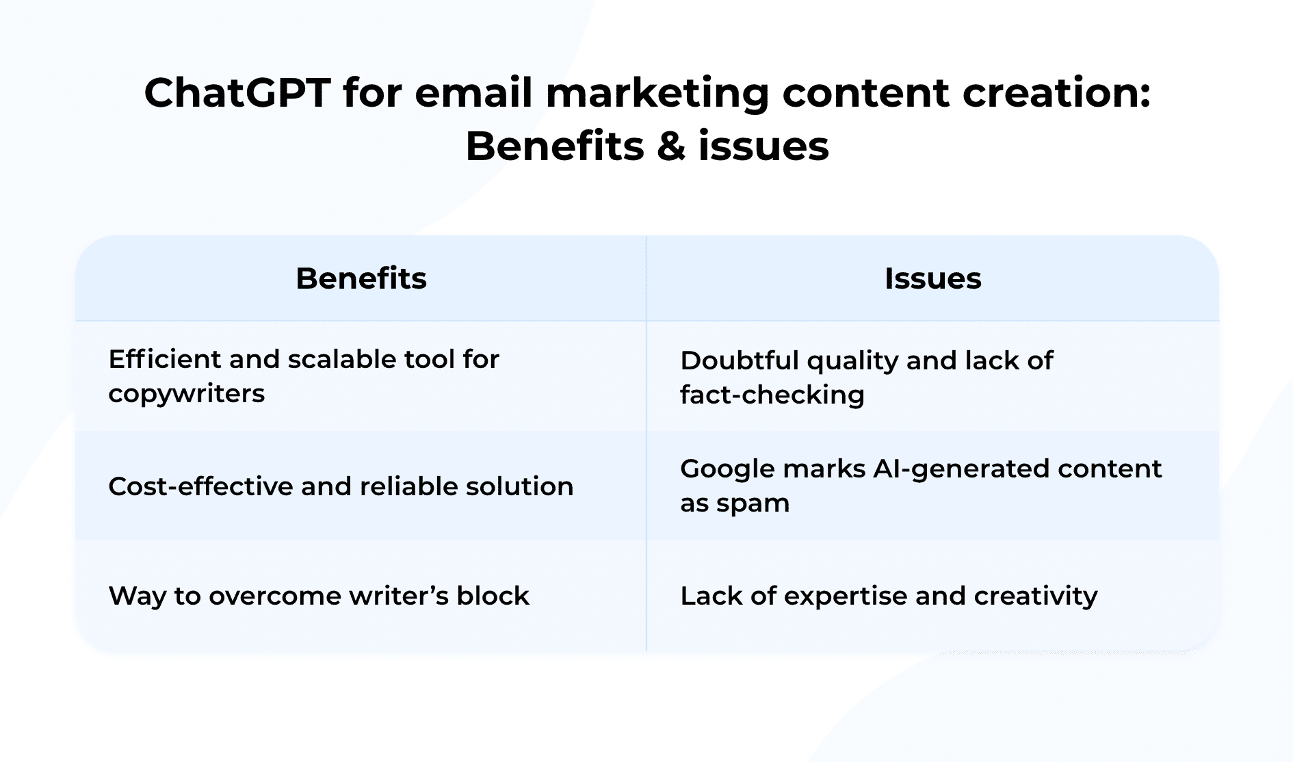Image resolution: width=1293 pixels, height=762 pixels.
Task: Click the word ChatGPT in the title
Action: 237,93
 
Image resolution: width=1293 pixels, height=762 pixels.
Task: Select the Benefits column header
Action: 361,278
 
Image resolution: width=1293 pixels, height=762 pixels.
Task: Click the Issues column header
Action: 932,278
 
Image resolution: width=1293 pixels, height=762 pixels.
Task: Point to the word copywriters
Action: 186,395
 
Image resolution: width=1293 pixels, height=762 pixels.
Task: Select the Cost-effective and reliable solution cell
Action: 341,486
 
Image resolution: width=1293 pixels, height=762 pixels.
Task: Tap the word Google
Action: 727,469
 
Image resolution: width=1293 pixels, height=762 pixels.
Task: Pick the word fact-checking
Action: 772,395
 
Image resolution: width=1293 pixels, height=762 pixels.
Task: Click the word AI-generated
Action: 961,469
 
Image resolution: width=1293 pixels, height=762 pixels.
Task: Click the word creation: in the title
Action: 1056,93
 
